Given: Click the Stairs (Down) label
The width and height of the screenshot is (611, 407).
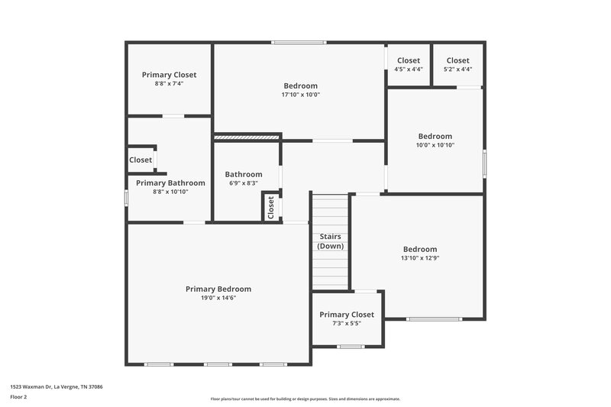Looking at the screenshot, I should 331,241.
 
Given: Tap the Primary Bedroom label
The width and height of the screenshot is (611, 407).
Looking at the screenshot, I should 218,289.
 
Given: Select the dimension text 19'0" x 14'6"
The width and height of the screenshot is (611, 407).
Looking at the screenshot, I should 218,298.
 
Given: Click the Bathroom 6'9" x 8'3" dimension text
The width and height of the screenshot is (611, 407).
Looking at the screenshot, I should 243,183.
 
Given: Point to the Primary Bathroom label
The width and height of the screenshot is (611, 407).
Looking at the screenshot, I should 170,183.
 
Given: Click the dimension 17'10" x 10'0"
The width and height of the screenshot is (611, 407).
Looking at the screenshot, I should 300,95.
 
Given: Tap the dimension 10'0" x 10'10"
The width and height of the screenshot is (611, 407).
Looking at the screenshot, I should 435,145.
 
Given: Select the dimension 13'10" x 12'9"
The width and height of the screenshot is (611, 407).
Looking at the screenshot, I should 420,258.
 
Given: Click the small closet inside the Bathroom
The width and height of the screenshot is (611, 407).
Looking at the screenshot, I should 270,207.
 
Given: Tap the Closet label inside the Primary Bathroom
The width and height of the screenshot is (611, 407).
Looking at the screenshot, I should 141,160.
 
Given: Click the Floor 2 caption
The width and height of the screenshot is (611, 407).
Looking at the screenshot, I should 18,397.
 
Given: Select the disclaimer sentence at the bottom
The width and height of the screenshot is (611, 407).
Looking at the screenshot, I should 305,399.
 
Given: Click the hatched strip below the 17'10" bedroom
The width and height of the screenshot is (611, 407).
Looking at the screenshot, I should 247,137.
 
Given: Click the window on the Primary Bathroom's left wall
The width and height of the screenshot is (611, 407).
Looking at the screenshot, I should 127,197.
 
